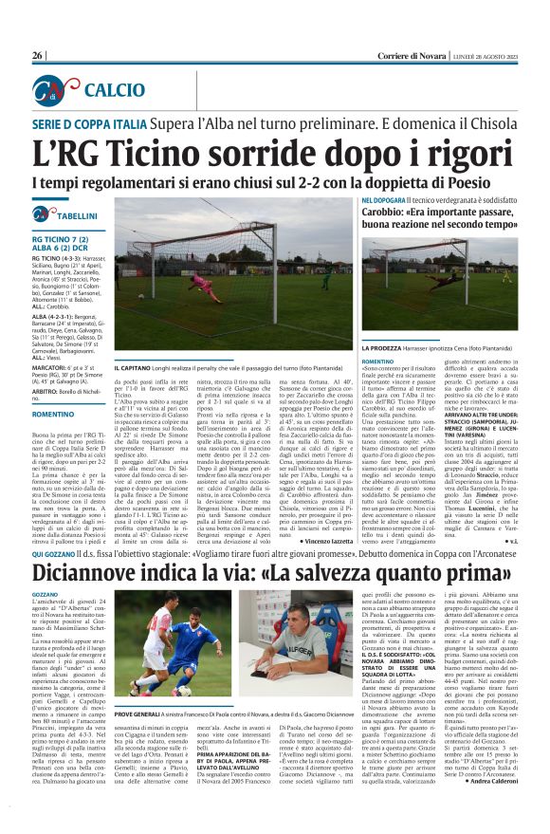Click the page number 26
[38, 55]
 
